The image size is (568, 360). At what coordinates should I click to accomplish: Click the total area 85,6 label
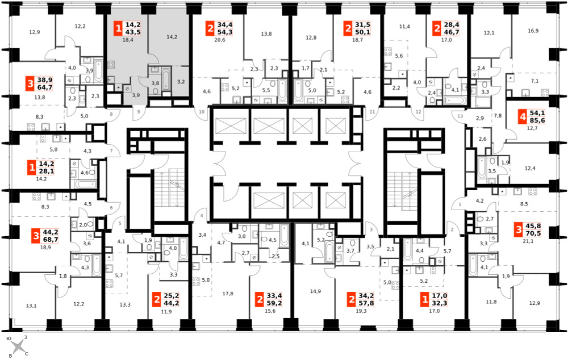(x=537, y=120)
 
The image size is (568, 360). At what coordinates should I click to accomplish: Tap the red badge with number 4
(x=523, y=117)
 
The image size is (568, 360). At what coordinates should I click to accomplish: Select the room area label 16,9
(x=533, y=31)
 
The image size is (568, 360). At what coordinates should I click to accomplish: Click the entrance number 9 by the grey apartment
(x=139, y=112)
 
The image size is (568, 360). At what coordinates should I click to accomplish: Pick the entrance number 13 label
(x=460, y=116)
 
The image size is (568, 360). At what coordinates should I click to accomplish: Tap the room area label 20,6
(x=219, y=40)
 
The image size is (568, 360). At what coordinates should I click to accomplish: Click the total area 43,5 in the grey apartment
(x=133, y=32)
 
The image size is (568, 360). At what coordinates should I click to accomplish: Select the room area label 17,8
(x=228, y=294)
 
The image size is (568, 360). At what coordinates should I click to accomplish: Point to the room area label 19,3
(x=361, y=311)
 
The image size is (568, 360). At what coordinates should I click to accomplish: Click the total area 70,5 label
(x=533, y=233)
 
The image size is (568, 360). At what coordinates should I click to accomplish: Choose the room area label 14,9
(x=315, y=291)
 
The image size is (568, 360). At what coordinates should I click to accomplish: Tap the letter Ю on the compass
(x=10, y=338)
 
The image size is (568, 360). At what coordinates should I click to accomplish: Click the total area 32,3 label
(x=440, y=303)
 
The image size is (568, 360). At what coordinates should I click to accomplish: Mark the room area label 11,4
(x=404, y=27)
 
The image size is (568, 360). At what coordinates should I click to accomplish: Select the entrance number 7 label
(x=111, y=150)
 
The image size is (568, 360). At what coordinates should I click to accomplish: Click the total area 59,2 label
(x=274, y=303)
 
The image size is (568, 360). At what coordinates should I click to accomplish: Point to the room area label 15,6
(x=270, y=311)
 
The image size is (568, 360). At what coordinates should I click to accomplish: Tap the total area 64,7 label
(x=45, y=87)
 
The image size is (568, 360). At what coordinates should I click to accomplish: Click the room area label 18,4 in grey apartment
(x=128, y=40)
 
